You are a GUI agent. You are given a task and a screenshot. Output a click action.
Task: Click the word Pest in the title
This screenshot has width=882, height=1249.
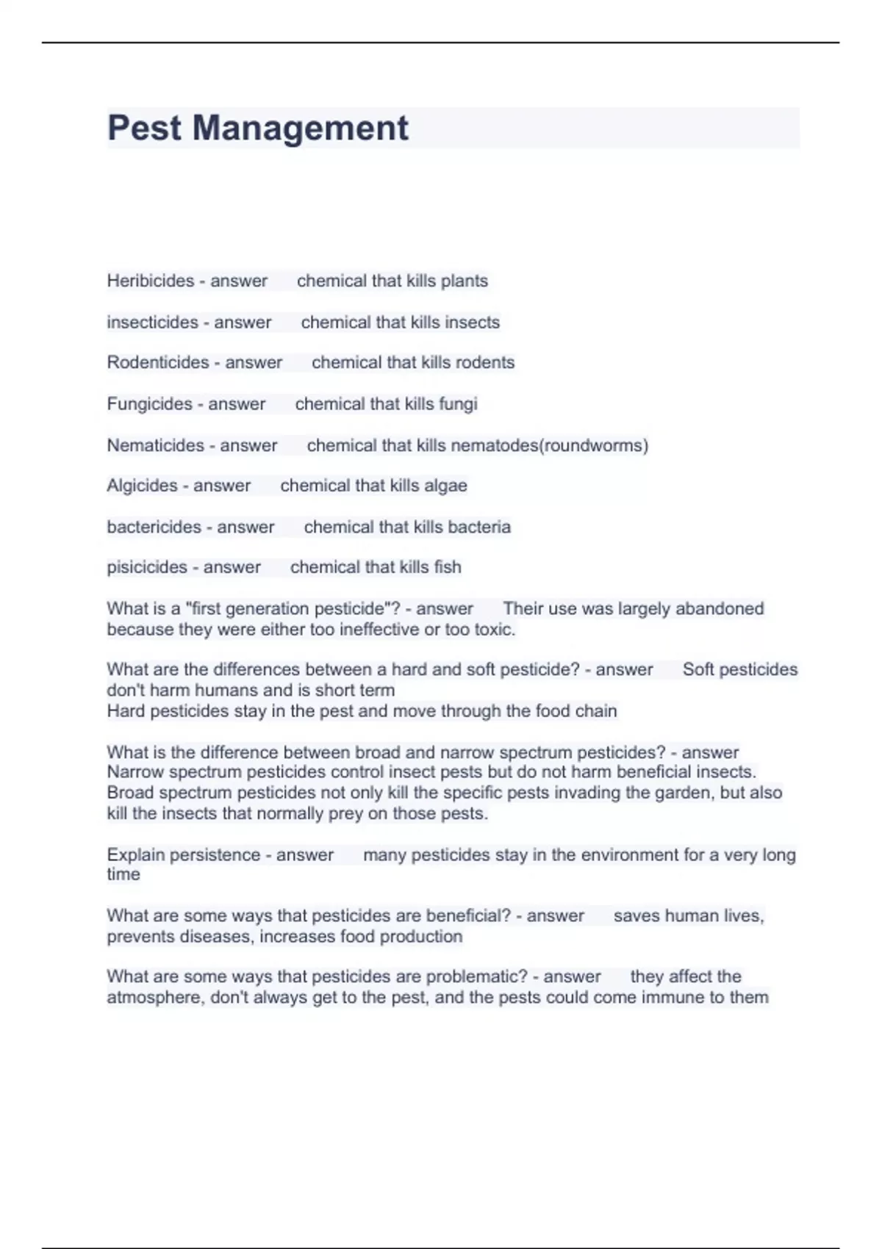tap(144, 128)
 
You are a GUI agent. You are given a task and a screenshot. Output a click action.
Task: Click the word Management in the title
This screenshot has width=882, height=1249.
tap(300, 128)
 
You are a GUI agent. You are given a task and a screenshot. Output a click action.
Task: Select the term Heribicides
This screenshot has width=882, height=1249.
tap(151, 281)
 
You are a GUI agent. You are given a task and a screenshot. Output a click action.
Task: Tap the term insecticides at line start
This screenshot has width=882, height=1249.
tap(152, 322)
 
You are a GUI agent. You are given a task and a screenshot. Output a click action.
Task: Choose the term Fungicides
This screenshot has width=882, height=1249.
tap(149, 403)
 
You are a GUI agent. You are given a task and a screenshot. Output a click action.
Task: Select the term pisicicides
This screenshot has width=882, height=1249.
tap(147, 567)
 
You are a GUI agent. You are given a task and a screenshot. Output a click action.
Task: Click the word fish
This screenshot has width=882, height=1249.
tap(448, 567)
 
